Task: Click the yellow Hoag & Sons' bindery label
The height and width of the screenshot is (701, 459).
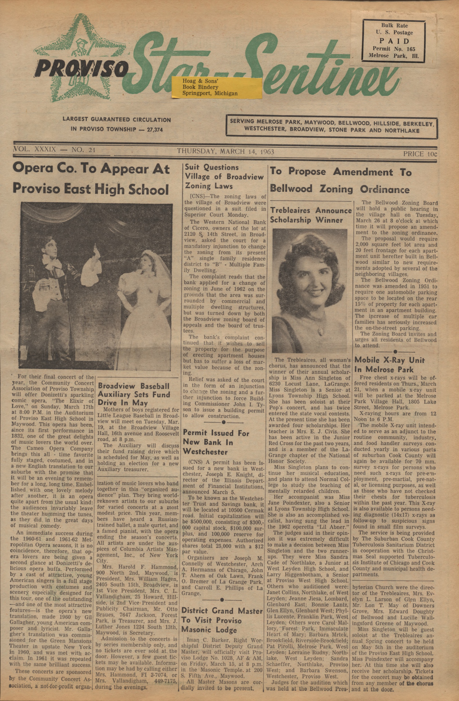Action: coord(217,88)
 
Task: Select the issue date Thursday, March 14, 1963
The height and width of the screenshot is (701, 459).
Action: coord(226,151)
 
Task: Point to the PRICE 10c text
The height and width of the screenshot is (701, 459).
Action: coord(420,154)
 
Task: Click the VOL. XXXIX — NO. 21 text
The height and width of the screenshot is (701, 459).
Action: coord(54,150)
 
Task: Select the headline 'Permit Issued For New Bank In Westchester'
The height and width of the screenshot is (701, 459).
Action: coord(216,442)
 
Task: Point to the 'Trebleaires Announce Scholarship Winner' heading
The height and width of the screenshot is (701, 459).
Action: coord(310,215)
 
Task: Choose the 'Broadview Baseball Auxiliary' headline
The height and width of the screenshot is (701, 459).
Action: coord(134,394)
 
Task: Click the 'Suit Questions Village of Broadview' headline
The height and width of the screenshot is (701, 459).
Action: coord(224,176)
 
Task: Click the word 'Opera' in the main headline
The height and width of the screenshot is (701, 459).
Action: coord(32,169)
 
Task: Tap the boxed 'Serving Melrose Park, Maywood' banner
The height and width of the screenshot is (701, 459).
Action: coord(331,126)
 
